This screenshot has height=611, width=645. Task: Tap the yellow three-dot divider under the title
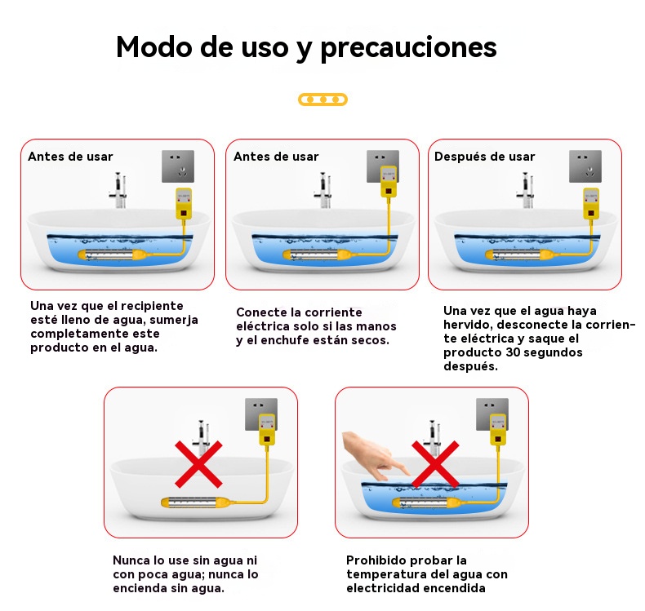(x=323, y=100)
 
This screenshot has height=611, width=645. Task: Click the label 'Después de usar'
(x=485, y=157)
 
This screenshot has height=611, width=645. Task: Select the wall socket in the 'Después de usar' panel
(x=585, y=166)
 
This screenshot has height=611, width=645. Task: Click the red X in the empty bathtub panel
(x=198, y=464)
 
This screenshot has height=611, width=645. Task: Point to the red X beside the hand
(x=435, y=464)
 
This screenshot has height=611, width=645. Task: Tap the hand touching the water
(x=374, y=455)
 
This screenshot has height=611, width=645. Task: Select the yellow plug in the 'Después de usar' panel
(x=591, y=203)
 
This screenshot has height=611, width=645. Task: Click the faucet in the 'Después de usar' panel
(x=526, y=190)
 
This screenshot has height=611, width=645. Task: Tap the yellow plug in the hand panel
(x=498, y=430)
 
